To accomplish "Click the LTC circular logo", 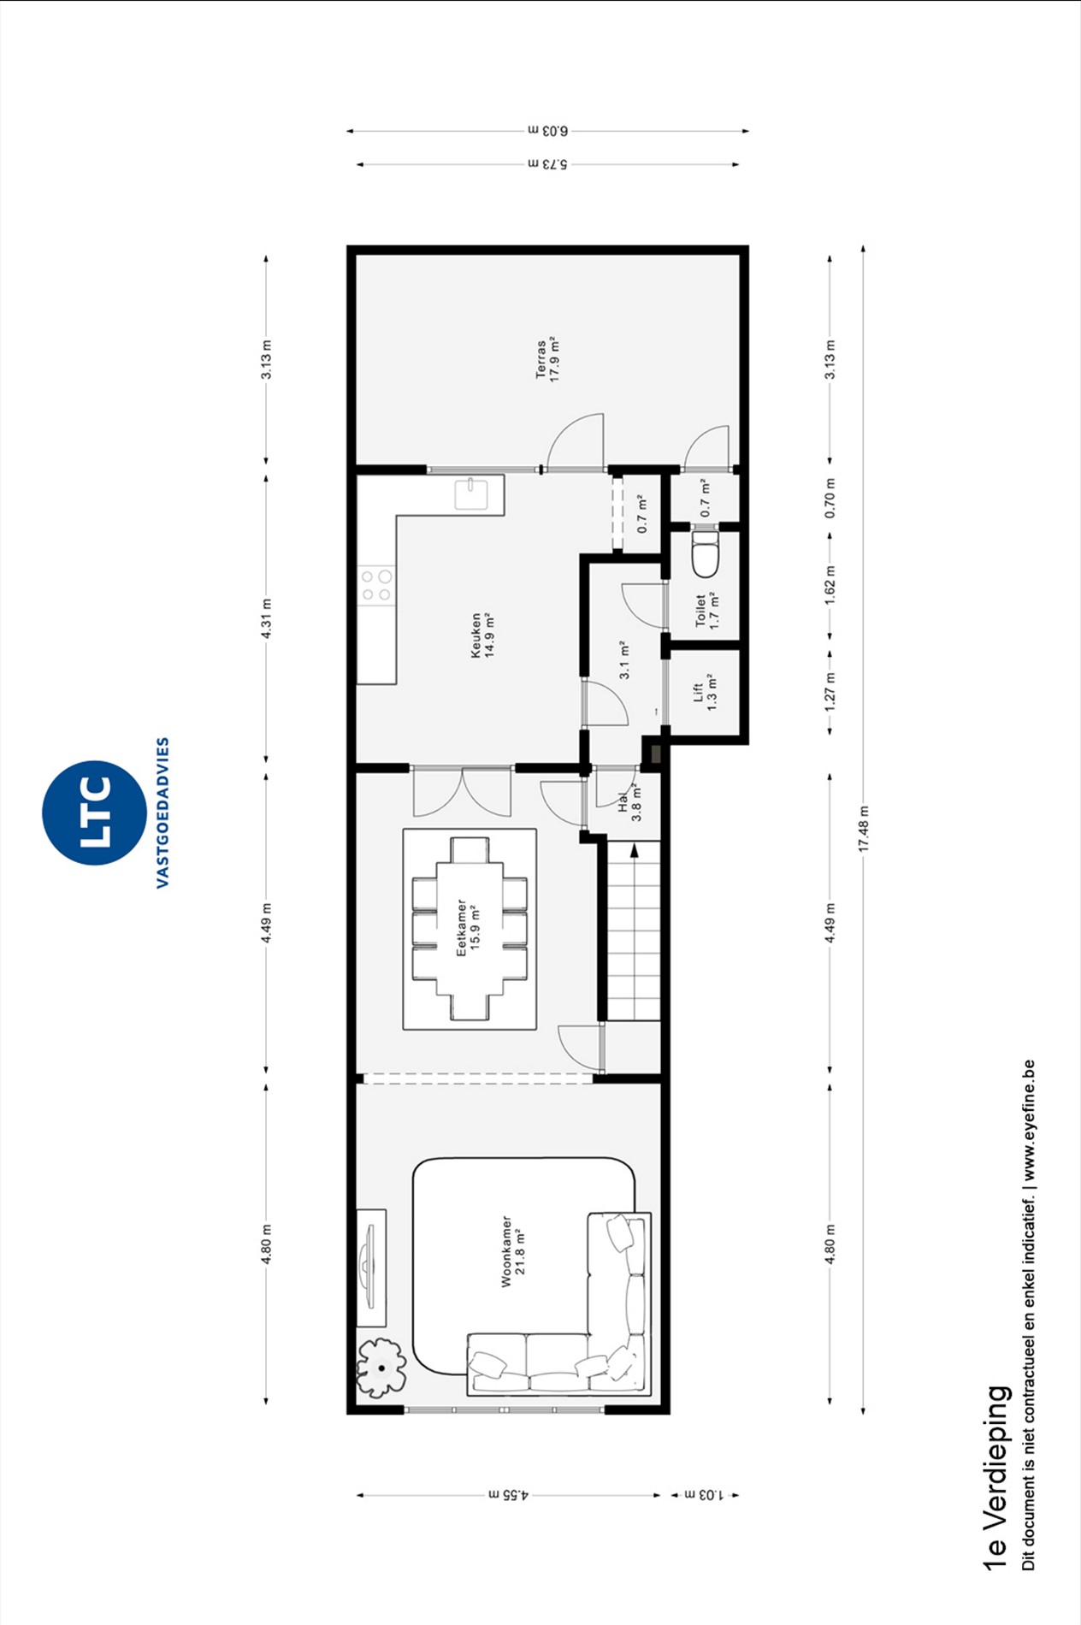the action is pyautogui.click(x=94, y=812).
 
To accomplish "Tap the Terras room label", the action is pyautogui.click(x=547, y=360).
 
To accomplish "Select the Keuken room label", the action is pyautogui.click(x=483, y=635).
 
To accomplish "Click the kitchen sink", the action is pyautogui.click(x=471, y=494).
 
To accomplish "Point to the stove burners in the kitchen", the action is pyautogui.click(x=376, y=586).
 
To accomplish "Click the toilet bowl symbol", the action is pyautogui.click(x=704, y=556).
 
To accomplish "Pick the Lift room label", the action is pyautogui.click(x=705, y=692).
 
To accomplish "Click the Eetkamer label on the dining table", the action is pyautogui.click(x=468, y=927).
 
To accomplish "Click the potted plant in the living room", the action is pyautogui.click(x=381, y=1367).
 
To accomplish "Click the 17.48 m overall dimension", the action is pyautogui.click(x=863, y=829).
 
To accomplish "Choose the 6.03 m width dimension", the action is pyautogui.click(x=548, y=131).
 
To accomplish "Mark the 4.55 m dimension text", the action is pyautogui.click(x=509, y=1495).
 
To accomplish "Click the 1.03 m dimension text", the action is pyautogui.click(x=705, y=1495).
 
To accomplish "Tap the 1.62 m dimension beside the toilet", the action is pyautogui.click(x=830, y=585).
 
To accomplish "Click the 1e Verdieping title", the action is pyautogui.click(x=996, y=1477).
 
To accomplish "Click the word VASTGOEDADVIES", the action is pyautogui.click(x=162, y=812).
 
